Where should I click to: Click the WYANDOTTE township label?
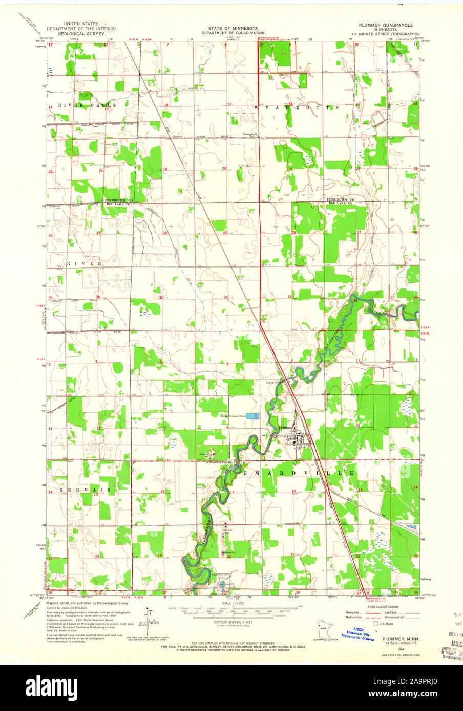point(297,108)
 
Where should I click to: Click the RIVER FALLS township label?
point(87,105)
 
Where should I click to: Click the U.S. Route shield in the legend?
point(375,624)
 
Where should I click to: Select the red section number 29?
point(225,233)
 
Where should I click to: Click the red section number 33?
point(289,297)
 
